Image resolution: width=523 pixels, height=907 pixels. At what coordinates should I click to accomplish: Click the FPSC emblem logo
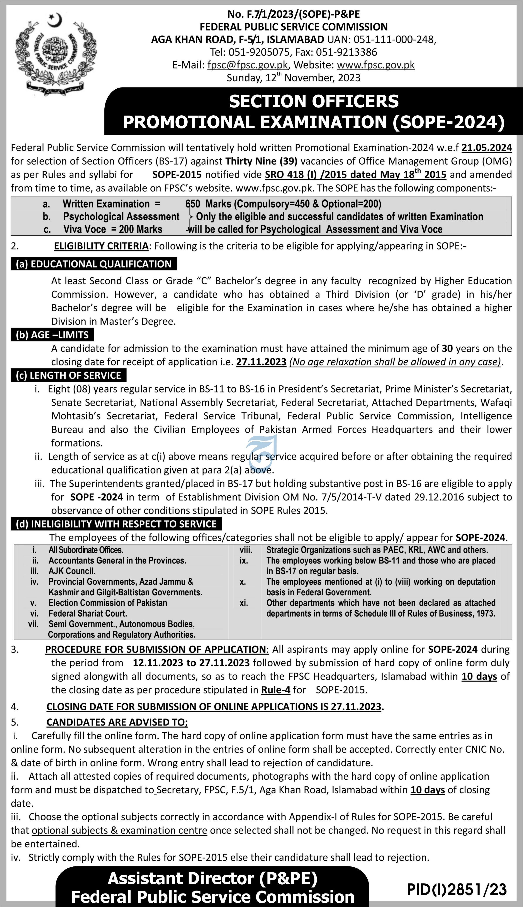pyautogui.click(x=56, y=54)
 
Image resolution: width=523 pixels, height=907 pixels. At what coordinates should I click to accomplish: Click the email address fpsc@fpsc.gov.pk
pyautogui.click(x=248, y=65)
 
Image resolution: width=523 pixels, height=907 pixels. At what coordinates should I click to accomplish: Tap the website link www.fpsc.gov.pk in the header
pyautogui.click(x=375, y=65)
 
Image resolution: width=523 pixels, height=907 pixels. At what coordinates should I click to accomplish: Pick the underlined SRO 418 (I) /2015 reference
pyautogui.click(x=355, y=175)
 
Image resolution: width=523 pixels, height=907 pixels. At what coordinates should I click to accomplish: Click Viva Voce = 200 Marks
pyautogui.click(x=113, y=229)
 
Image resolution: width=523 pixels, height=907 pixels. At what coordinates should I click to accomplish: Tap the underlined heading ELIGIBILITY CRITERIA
pyautogui.click(x=101, y=246)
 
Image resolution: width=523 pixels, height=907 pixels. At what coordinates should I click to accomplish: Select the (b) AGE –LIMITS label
pyautogui.click(x=52, y=335)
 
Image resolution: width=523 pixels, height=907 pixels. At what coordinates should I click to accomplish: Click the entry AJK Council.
pyautogui.click(x=72, y=571)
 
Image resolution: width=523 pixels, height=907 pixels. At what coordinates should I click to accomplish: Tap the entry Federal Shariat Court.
pyautogui.click(x=88, y=613)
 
